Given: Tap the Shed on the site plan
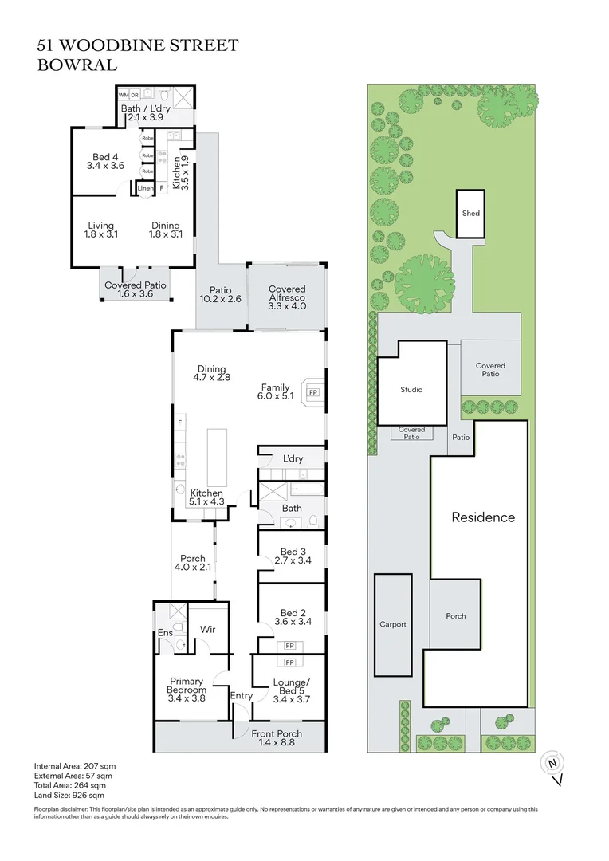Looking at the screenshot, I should pos(470,214).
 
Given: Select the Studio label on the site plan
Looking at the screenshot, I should pos(411,390).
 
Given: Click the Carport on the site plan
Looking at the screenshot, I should pos(392,624).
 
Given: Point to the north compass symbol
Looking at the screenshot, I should pos(552,763).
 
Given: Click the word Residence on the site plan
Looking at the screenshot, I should pos(483,517).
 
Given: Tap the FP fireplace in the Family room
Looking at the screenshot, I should pos(313,393).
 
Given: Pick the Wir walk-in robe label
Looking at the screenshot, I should pos(207,630).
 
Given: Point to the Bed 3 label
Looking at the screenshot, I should pos(293,552).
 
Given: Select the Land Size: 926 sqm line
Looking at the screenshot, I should pos(69,795).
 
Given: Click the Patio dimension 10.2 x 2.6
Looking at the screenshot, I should pos(220,300).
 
